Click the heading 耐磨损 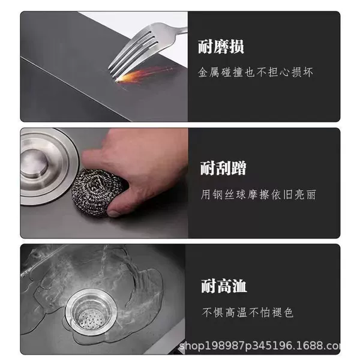click(221, 47)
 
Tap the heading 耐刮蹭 click(223, 168)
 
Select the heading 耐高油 click(224, 286)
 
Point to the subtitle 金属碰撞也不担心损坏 click(256, 73)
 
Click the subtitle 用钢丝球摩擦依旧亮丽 click(258, 195)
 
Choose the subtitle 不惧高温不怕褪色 click(248, 313)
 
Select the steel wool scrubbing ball click(98, 192)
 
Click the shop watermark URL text click(259, 345)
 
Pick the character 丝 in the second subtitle click(229, 195)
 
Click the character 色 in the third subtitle click(289, 313)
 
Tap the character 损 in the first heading click(236, 47)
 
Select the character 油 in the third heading click(239, 286)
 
